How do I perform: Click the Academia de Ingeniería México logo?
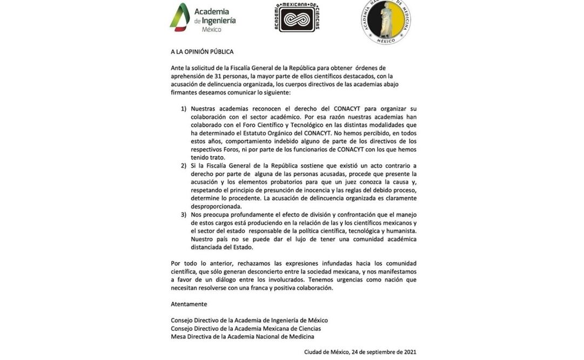point(203,18)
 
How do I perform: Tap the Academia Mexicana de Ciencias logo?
point(297,17)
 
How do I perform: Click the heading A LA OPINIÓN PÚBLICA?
point(202,52)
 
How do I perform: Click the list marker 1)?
point(184,109)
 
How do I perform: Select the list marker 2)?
point(184,165)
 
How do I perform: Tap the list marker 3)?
point(184,215)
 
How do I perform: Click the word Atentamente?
point(189,304)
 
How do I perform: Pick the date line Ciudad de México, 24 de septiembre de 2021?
point(360,352)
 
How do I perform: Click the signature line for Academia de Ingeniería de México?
point(249,321)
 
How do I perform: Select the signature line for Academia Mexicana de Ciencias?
point(246,329)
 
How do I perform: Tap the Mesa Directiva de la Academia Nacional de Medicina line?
point(242,337)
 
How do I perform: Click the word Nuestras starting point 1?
point(204,109)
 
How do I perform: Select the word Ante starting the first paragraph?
point(177,68)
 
